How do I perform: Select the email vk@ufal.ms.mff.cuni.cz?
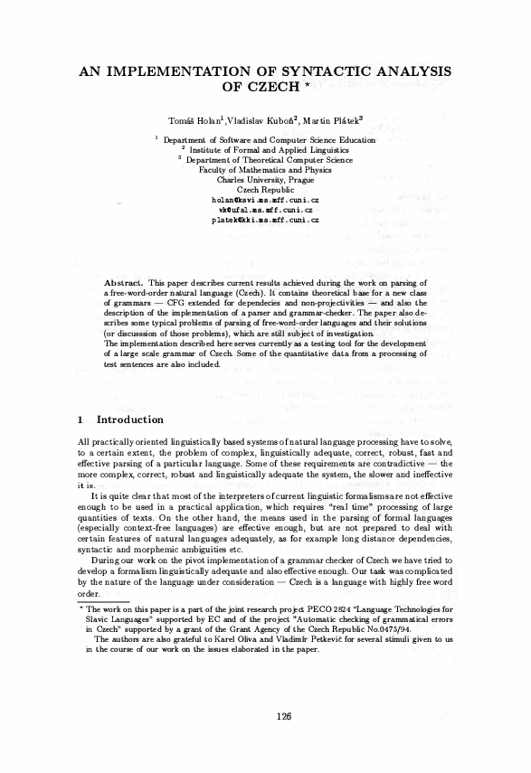[264, 209]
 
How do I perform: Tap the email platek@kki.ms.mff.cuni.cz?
[264, 219]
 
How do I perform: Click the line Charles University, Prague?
[264, 179]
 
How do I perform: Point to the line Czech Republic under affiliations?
[264, 189]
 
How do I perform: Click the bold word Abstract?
[125, 283]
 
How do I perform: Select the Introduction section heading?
[129, 420]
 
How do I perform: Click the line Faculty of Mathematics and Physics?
[264, 169]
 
